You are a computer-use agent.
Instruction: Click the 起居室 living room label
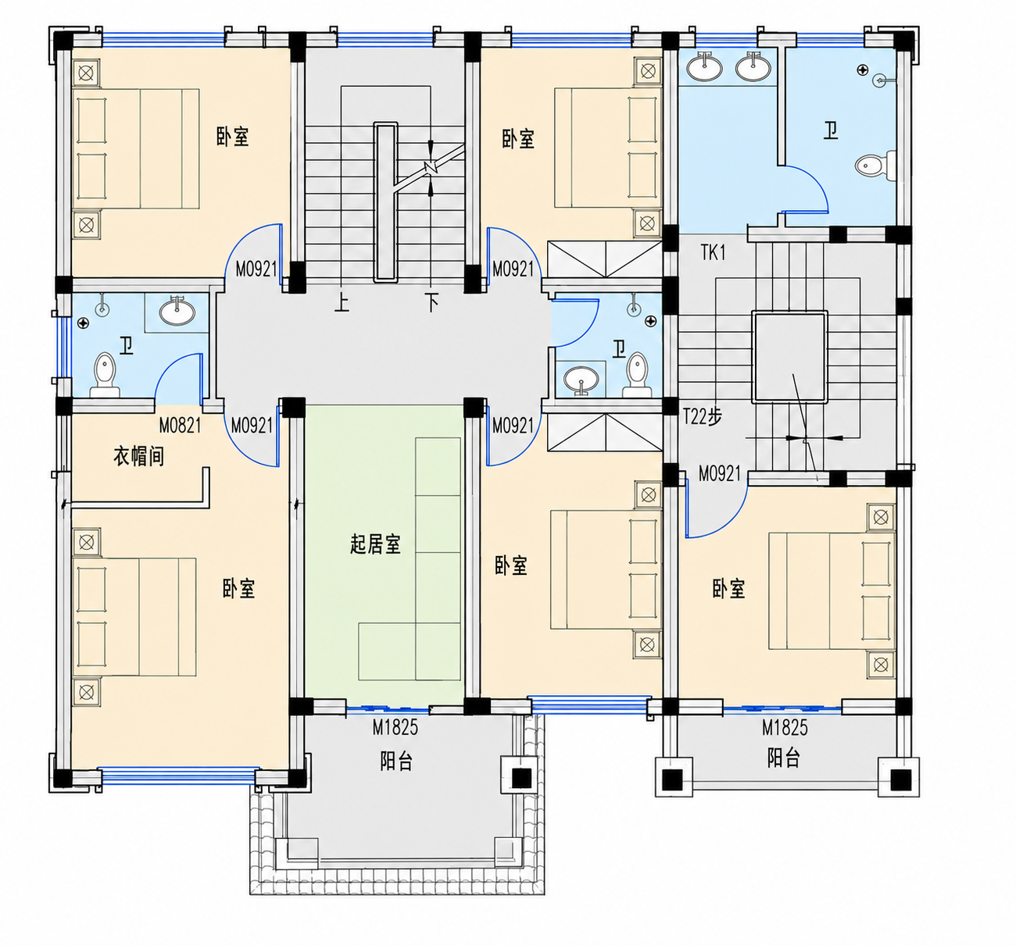[375, 544]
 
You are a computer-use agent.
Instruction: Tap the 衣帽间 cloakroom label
[138, 455]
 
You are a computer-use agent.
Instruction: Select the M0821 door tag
[180, 425]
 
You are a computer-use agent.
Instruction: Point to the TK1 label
[713, 252]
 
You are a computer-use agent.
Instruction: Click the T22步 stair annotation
[703, 417]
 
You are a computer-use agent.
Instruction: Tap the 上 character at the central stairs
[342, 302]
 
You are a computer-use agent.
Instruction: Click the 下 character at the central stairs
[431, 302]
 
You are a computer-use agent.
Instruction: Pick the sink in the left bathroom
[177, 311]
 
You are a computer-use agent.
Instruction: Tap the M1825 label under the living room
[395, 727]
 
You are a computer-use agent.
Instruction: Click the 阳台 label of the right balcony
[783, 758]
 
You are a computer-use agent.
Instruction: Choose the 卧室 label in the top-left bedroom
[232, 137]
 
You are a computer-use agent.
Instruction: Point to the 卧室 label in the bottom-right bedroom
[728, 589]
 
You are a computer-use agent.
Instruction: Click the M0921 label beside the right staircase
[720, 474]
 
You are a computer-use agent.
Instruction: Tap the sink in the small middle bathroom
[581, 380]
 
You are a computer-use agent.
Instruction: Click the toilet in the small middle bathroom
[638, 375]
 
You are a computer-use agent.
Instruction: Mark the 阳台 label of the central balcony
[396, 761]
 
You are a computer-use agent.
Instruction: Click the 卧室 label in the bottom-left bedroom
[238, 589]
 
